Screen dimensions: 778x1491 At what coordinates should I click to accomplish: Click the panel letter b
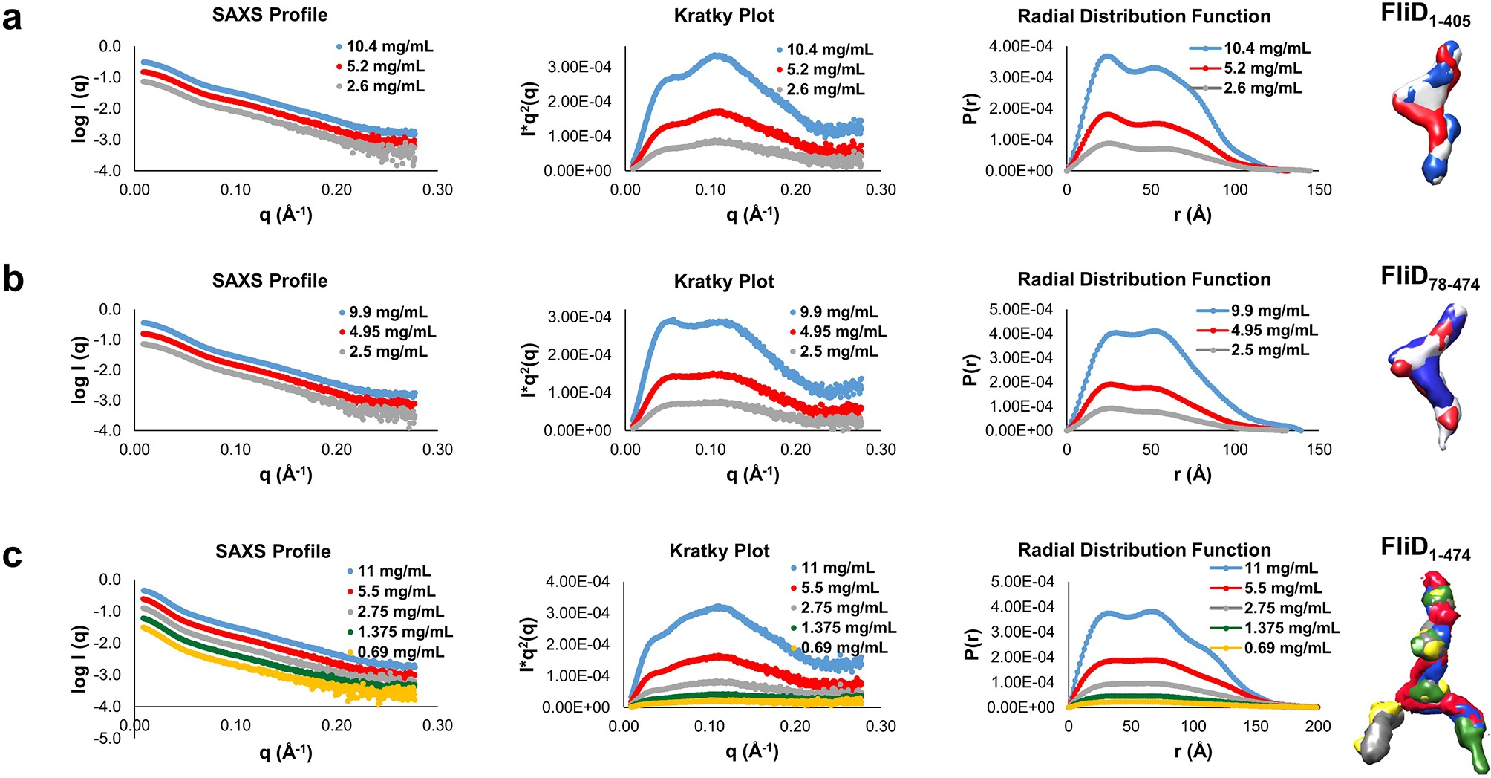tap(13, 279)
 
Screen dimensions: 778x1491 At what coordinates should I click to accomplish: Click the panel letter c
tap(12, 555)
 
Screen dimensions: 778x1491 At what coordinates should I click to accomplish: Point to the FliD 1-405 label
tap(1425, 15)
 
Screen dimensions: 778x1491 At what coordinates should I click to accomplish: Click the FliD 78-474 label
tap(1429, 278)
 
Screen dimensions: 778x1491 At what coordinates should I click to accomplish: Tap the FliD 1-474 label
tap(1425, 549)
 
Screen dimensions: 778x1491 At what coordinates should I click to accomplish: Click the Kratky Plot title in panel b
tap(724, 282)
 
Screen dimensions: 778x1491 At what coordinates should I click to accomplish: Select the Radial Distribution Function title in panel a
tap(1143, 16)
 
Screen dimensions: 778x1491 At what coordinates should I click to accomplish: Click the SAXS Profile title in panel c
tap(273, 551)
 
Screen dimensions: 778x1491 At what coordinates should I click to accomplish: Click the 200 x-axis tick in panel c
tap(1318, 726)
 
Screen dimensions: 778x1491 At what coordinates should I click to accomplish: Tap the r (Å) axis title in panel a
tap(1193, 215)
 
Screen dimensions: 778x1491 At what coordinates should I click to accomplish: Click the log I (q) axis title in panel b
tap(79, 370)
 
